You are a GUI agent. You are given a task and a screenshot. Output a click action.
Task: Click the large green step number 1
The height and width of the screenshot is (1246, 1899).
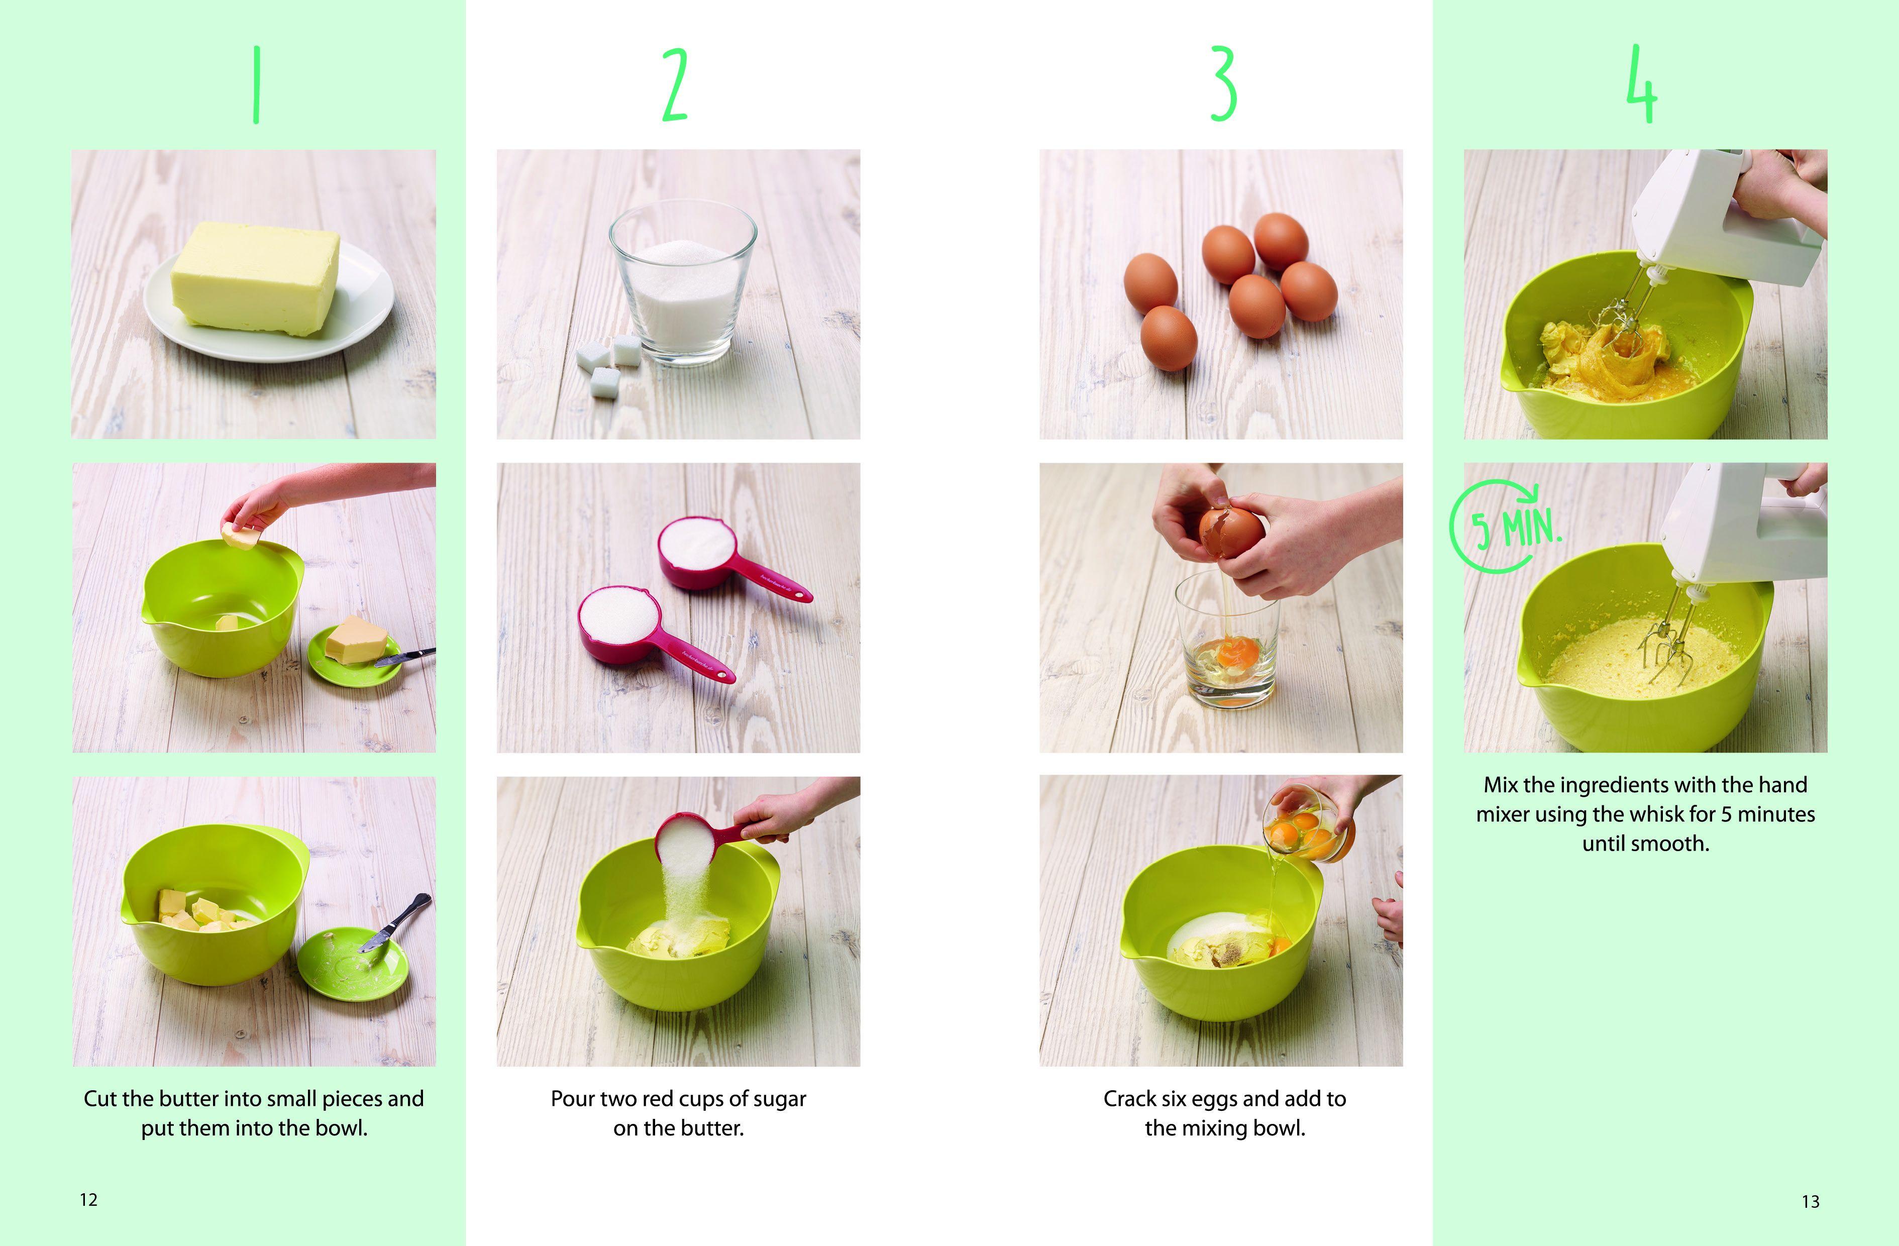(x=256, y=84)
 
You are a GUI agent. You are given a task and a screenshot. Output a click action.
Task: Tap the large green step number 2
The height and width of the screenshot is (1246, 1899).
(x=675, y=84)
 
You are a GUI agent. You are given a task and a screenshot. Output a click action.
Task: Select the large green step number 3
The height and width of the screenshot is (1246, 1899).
(x=1223, y=84)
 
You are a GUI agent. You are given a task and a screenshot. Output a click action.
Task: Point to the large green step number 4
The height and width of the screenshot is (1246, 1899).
(x=1642, y=84)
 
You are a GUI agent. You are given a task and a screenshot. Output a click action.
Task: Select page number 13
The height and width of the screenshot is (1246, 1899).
(x=1811, y=1201)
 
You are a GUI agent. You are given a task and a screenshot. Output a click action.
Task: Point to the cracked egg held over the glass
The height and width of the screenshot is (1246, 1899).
(x=1231, y=533)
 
